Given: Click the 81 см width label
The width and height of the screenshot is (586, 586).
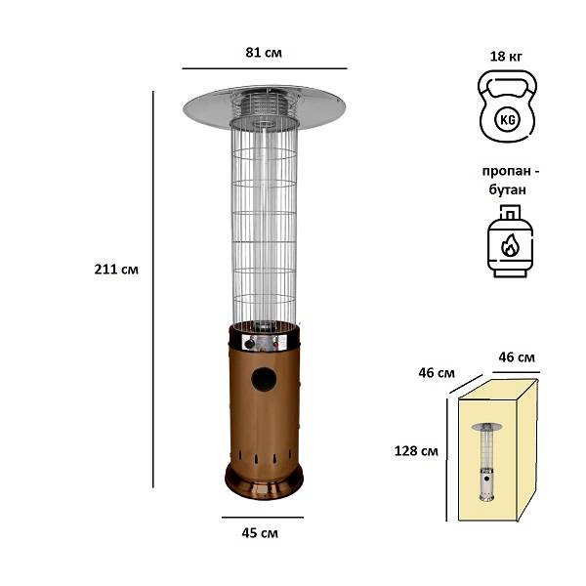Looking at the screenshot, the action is click(x=264, y=53).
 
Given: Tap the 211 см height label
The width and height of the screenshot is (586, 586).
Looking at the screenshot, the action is click(x=116, y=270).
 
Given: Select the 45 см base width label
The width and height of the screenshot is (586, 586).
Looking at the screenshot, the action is click(x=260, y=533).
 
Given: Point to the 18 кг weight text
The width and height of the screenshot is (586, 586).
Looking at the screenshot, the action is click(x=506, y=56).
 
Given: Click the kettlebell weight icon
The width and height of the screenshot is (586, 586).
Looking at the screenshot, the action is click(x=508, y=105).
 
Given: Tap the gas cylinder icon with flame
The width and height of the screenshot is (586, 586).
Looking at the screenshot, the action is click(x=510, y=241).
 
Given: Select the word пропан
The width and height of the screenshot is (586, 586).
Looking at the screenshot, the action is click(x=506, y=171).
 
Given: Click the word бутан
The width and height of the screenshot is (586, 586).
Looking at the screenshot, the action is click(x=508, y=189).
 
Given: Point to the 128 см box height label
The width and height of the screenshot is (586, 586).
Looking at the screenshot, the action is click(x=416, y=451).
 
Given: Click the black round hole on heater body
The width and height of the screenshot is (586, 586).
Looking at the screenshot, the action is click(x=264, y=379).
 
